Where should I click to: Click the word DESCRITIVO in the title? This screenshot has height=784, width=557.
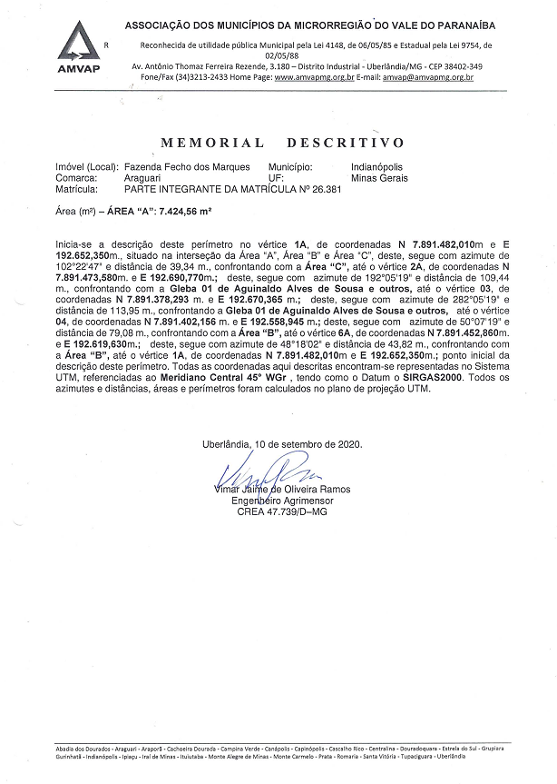pyautogui.click(x=345, y=143)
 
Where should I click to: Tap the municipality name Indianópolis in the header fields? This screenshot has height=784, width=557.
pyautogui.click(x=380, y=168)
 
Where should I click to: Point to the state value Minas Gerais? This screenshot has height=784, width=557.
pyautogui.click(x=379, y=179)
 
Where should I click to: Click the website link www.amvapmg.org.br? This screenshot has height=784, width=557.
pyautogui.click(x=313, y=78)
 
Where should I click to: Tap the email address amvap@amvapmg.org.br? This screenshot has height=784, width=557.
pyautogui.click(x=427, y=78)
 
